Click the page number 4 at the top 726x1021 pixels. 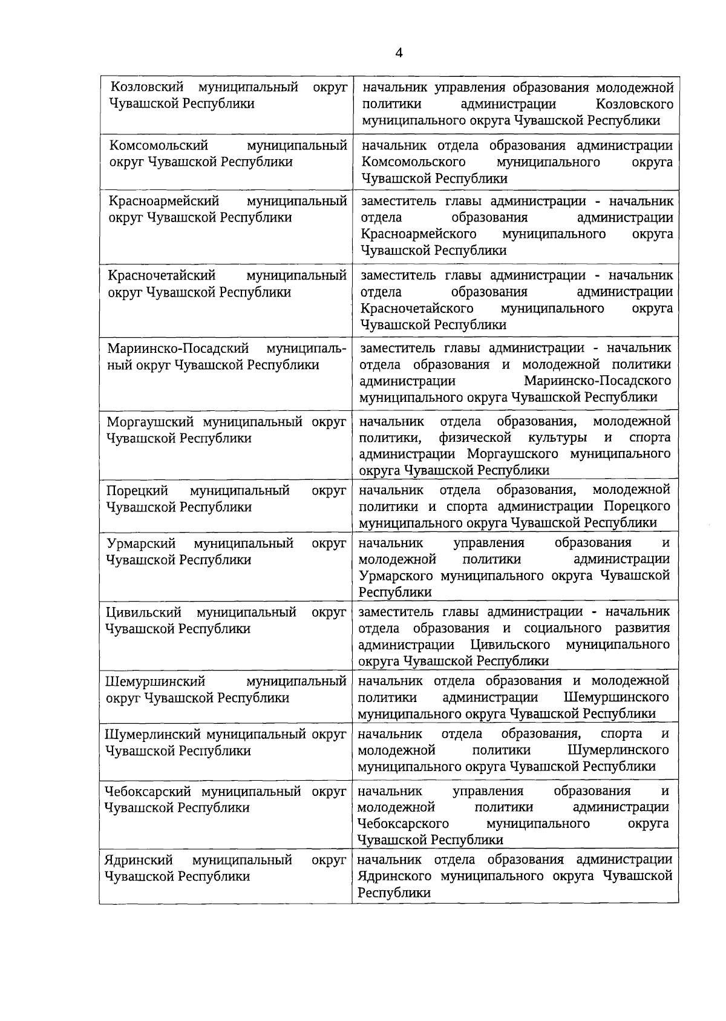tap(399, 53)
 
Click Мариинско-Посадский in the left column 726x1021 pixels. tap(178, 349)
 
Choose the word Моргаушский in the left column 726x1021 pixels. tap(150, 421)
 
